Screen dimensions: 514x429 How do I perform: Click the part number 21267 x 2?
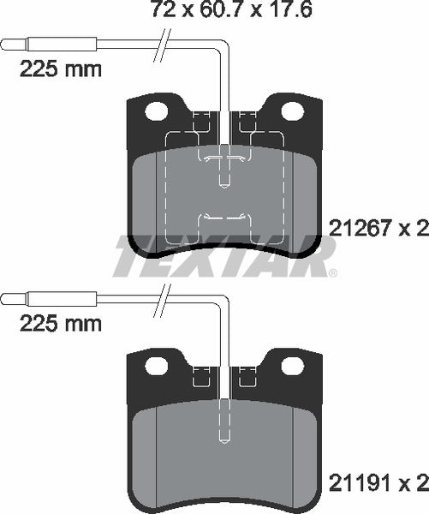click(378, 229)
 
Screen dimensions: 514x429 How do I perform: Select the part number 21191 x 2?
click(378, 484)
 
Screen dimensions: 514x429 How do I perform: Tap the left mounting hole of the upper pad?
click(156, 111)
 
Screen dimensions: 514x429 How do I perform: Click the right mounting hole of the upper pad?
click(289, 111)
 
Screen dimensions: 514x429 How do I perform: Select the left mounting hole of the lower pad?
click(156, 366)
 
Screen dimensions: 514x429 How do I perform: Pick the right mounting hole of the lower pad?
click(289, 366)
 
